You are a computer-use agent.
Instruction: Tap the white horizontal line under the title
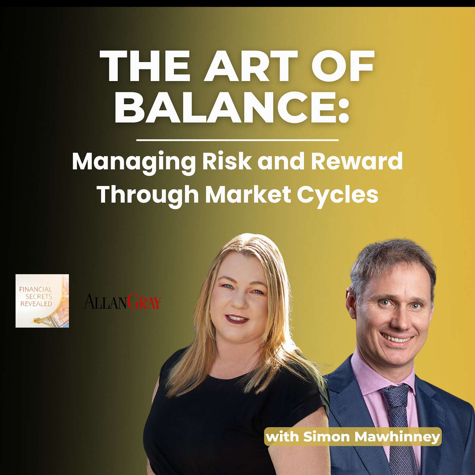[x=237, y=140]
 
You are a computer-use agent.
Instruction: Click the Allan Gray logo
[x=123, y=301]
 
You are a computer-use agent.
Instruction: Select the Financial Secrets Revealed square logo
[x=42, y=301]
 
